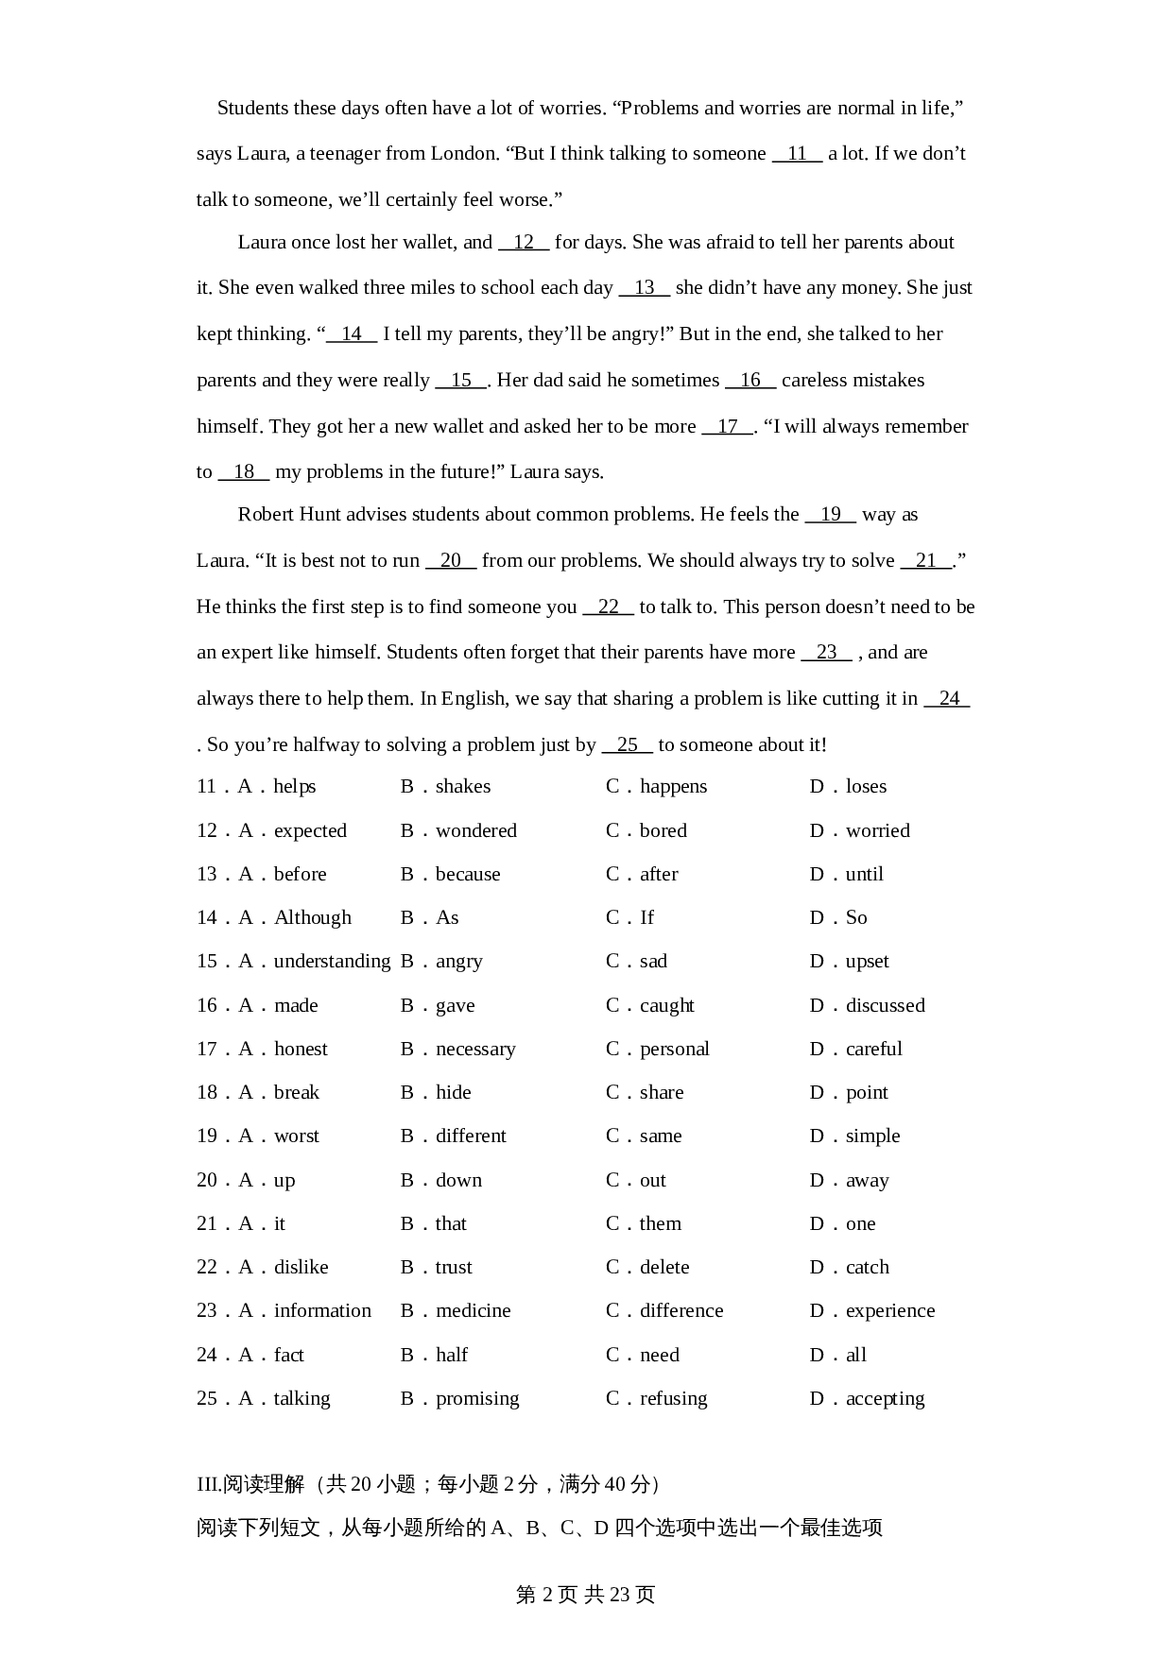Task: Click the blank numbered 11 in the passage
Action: pos(797,154)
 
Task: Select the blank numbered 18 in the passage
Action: pos(244,472)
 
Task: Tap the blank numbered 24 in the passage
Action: pos(948,699)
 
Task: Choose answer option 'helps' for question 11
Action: pos(294,787)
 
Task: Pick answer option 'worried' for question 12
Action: pos(877,831)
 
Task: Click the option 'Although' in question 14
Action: pos(312,918)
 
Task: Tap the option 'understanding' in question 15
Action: pos(332,962)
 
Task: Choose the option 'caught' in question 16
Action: pos(666,1006)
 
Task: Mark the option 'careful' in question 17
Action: pos(873,1050)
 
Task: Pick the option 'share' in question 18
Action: pos(662,1093)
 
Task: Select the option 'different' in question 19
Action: pos(471,1136)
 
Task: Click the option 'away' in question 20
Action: pos(867,1181)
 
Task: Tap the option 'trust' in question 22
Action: pos(454,1268)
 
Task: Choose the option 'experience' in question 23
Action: pos(889,1311)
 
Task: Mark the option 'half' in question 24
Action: pos(452,1356)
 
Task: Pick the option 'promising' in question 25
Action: pos(477,1399)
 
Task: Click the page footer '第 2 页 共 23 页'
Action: pos(585,1596)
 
